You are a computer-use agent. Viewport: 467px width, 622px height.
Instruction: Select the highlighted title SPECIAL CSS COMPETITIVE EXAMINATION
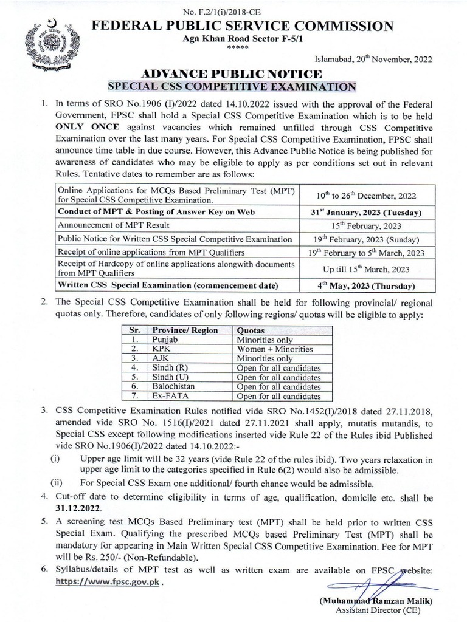231,86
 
